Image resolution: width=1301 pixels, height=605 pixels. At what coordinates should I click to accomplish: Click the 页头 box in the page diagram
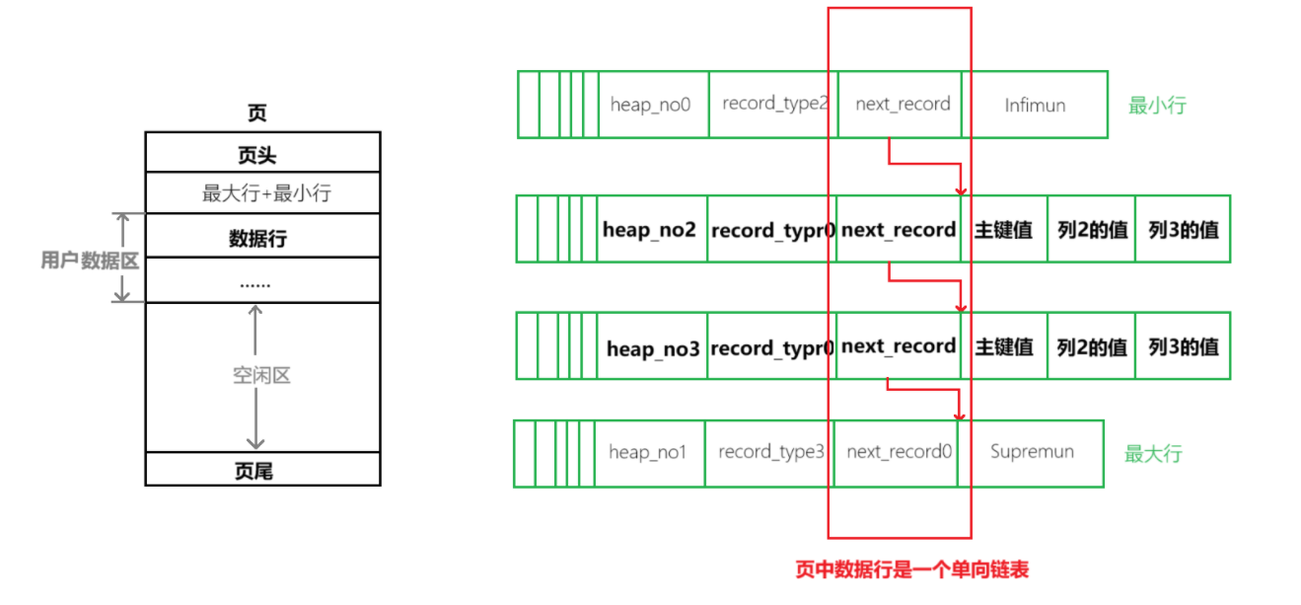click(262, 153)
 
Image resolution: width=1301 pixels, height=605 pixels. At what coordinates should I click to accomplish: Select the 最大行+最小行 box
click(262, 192)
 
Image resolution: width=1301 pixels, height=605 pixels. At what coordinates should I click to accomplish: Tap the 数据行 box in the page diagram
click(262, 238)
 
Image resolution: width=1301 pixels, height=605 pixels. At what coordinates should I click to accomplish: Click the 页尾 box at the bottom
click(262, 470)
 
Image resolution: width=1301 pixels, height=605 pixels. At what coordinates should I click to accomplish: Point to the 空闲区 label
click(261, 376)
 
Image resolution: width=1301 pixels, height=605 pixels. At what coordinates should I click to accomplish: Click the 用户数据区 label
click(90, 261)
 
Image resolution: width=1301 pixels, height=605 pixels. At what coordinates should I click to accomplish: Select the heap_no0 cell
click(653, 104)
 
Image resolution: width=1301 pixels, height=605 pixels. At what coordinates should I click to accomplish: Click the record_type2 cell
click(773, 104)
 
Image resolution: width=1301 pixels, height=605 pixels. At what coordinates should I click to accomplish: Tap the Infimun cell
click(1035, 105)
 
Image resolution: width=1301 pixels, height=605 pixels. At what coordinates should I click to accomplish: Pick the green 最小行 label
click(1157, 105)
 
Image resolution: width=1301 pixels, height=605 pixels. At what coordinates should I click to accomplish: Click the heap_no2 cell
click(652, 229)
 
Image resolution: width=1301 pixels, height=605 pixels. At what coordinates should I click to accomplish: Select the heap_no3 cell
click(653, 346)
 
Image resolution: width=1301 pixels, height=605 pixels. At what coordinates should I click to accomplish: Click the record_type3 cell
click(769, 452)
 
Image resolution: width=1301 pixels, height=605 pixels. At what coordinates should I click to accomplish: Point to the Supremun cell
click(1032, 452)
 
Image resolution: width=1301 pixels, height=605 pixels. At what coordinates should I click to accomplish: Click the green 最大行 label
click(1153, 454)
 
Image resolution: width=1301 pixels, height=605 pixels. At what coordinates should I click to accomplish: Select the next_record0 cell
click(896, 452)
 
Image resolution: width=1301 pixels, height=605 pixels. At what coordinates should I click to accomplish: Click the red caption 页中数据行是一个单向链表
click(912, 569)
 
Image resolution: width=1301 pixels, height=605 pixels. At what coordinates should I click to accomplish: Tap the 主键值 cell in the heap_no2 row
click(1004, 229)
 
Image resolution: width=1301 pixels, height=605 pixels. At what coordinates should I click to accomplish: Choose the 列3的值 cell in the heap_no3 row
click(1183, 346)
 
